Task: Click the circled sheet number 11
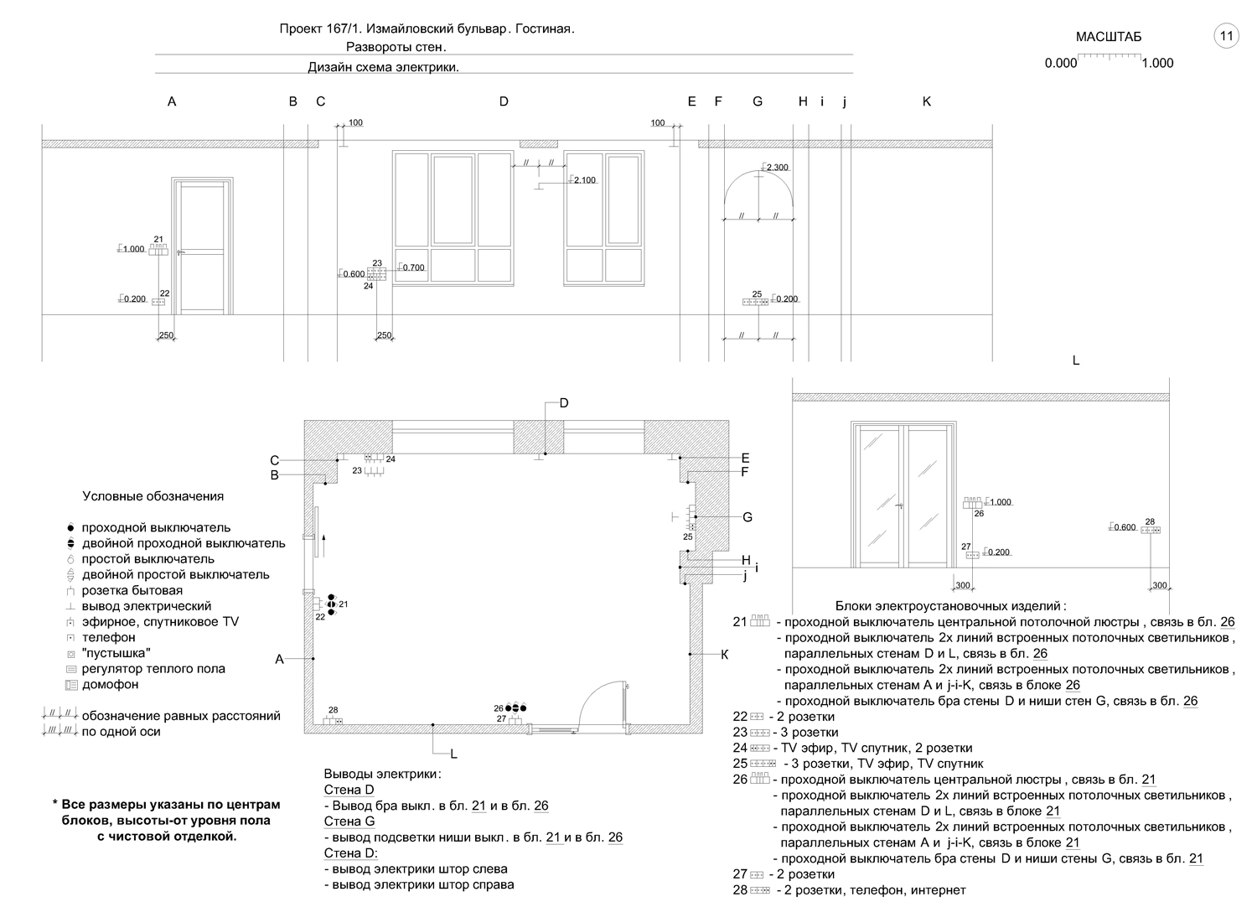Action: [x=1226, y=36]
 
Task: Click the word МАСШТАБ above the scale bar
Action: [x=1108, y=37]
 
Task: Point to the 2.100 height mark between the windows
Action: [x=583, y=180]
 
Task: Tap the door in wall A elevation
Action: [x=201, y=247]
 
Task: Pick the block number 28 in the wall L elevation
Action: [x=1150, y=521]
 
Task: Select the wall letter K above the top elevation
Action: [x=927, y=101]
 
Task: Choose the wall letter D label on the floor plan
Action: [x=564, y=403]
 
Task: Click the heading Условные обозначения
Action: [x=153, y=496]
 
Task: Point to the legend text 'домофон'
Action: [x=110, y=685]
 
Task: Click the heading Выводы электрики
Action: [x=382, y=774]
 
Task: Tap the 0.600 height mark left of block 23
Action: [x=353, y=274]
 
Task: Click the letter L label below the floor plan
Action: [x=453, y=754]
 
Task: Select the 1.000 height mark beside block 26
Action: [x=1000, y=502]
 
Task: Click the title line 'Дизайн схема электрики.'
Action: [x=384, y=68]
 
